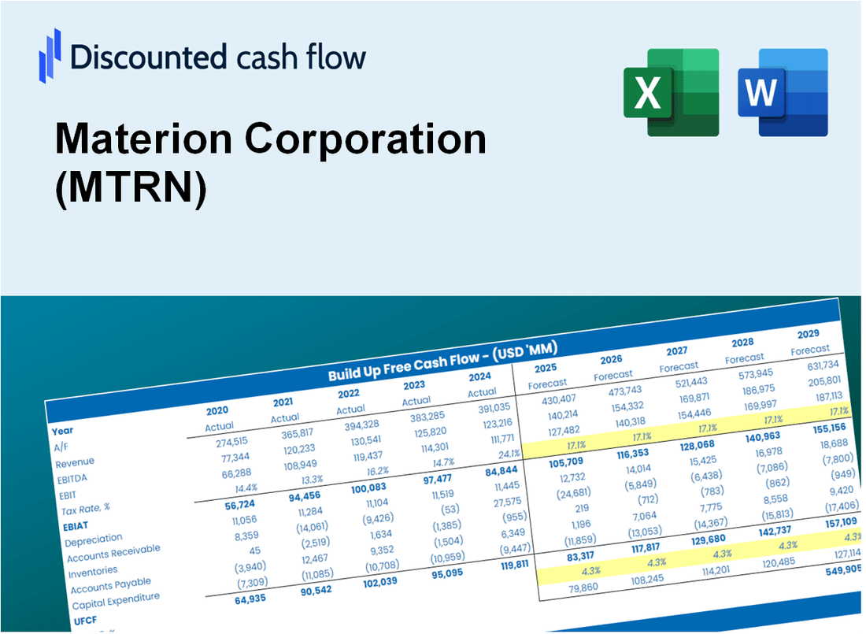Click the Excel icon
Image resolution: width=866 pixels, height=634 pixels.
click(x=671, y=92)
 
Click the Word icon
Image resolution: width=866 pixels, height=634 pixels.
click(x=783, y=92)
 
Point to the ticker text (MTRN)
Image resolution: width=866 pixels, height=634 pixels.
click(x=131, y=189)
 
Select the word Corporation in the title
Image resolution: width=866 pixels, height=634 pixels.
click(x=365, y=139)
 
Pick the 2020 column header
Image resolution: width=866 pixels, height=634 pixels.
click(x=217, y=410)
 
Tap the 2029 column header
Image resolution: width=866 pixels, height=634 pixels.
click(x=809, y=333)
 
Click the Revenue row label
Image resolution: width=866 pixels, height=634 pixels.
click(x=75, y=462)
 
